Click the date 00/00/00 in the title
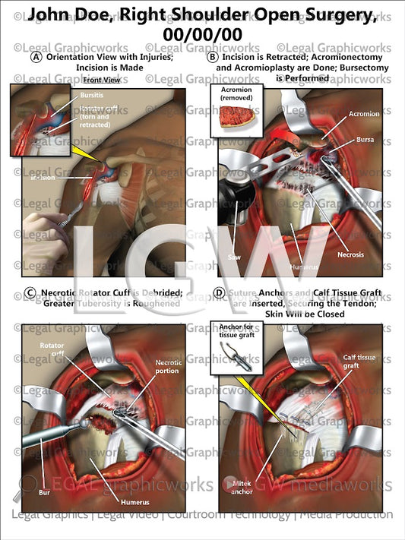(202, 35)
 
